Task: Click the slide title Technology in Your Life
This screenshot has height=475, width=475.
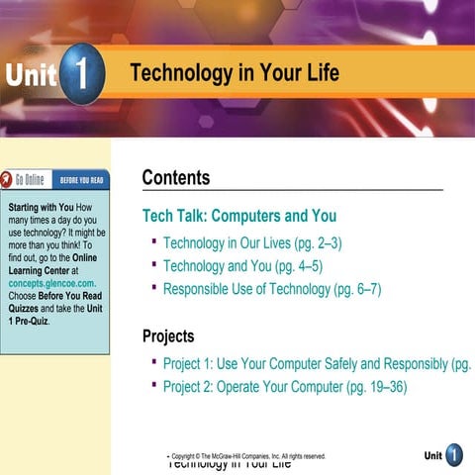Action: [x=234, y=73]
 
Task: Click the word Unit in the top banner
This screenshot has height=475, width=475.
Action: [x=30, y=75]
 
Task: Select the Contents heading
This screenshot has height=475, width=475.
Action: [x=175, y=178]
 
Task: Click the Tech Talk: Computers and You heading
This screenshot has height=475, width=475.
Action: [x=238, y=216]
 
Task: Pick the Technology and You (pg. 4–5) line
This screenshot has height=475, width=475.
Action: [x=242, y=266]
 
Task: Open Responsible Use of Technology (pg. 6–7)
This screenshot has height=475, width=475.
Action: [x=272, y=290]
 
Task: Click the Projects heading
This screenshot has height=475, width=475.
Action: [x=168, y=335]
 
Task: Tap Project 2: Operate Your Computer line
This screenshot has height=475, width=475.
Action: [x=285, y=387]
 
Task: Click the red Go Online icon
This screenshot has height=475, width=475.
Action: [x=9, y=180]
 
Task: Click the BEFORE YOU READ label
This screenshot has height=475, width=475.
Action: [x=83, y=181]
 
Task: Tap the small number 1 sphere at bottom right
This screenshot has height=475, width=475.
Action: [x=453, y=455]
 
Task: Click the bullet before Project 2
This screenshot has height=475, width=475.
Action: [x=154, y=385]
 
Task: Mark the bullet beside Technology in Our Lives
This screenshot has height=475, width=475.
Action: [x=154, y=240]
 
